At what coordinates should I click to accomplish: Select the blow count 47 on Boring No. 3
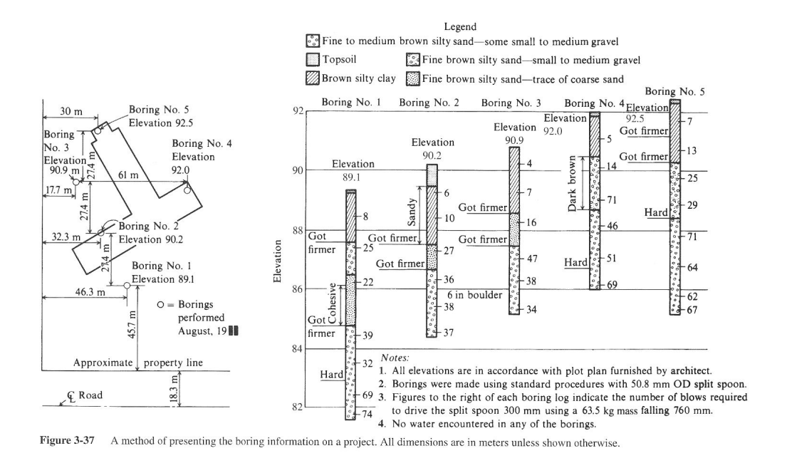point(531,259)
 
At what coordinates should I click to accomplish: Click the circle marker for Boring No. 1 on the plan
point(127,285)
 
